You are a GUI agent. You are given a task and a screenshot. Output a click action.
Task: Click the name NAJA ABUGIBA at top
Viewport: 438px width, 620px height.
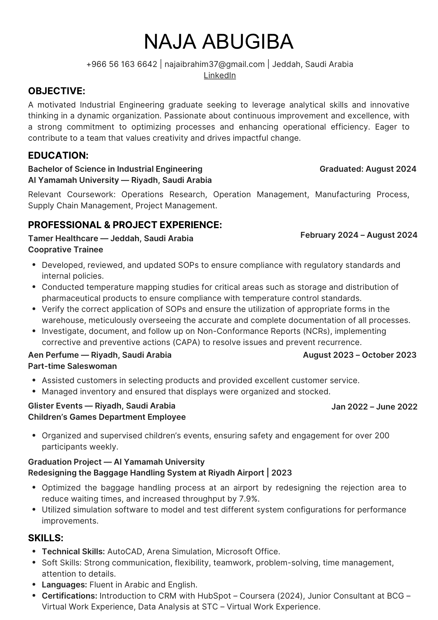point(219,42)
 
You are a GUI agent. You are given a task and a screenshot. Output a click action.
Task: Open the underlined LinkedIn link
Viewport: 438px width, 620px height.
point(219,75)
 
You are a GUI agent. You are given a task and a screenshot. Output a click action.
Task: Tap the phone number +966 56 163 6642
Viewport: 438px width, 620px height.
point(122,64)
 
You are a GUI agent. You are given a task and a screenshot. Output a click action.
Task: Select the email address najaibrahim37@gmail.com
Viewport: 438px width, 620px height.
point(215,64)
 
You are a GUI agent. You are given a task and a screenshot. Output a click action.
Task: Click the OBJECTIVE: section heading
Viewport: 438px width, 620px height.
point(56,91)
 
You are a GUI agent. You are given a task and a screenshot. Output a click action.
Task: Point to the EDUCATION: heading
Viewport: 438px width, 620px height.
point(58,155)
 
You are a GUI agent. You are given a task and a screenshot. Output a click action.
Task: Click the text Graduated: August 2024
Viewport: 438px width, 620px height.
point(368,169)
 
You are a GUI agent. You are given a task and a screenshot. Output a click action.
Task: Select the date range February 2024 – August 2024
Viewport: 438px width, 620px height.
point(359,235)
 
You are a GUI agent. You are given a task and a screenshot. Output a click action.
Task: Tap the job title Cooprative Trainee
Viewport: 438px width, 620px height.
point(65,250)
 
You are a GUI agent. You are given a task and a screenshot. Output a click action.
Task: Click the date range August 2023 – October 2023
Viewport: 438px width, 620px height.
point(359,355)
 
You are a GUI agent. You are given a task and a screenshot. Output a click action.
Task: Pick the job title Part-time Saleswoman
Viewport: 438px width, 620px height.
point(72,366)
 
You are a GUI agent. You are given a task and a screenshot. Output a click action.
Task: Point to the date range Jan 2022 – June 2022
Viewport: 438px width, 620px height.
point(374,407)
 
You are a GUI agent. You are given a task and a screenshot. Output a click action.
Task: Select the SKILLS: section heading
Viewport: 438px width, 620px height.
point(46,538)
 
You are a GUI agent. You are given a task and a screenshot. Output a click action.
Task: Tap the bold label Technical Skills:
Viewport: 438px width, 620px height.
point(73,551)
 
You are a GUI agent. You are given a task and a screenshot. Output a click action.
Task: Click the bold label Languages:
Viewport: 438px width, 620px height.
point(64,585)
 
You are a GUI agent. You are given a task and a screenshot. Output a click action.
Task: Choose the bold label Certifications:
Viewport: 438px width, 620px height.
point(70,596)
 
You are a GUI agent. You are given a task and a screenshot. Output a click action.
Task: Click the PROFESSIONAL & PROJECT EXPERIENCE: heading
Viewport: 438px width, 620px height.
point(125,225)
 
